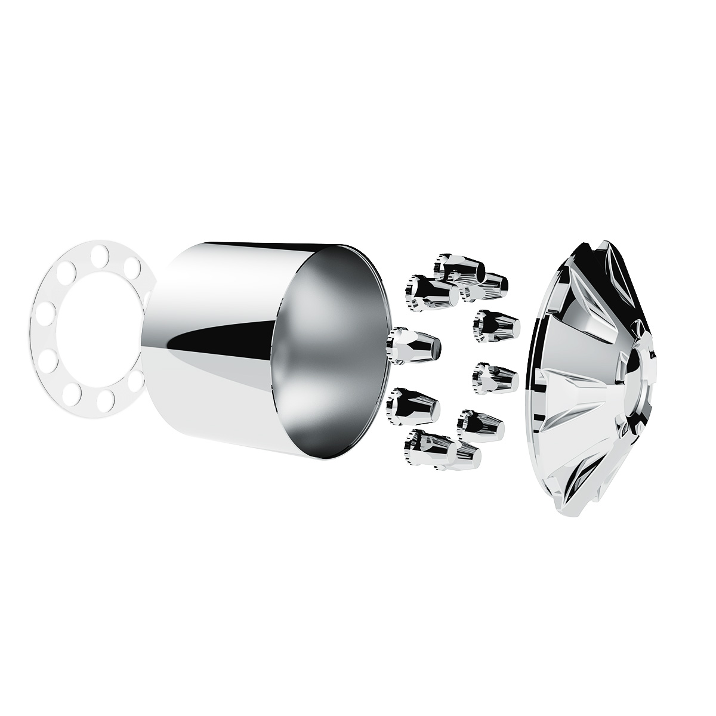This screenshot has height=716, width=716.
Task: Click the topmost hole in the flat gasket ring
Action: (106, 249)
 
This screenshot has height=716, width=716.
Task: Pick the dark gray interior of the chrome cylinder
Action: (331, 352)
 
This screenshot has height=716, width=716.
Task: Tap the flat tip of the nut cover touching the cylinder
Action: (437, 347)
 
